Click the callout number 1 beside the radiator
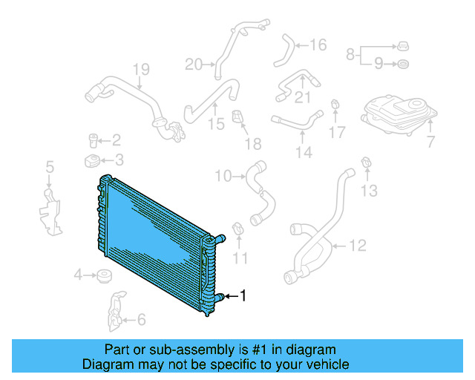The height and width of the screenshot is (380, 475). [242, 296]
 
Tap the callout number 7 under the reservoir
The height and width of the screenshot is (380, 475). [431, 140]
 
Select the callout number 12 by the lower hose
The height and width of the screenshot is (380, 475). [358, 244]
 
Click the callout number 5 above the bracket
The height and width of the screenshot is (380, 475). [50, 167]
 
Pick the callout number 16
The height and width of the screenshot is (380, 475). [318, 46]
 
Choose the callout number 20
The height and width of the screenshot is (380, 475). [193, 65]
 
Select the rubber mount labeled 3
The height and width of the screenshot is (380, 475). [92, 161]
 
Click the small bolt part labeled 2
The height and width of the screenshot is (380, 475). [94, 138]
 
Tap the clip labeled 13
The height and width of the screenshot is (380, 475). [366, 163]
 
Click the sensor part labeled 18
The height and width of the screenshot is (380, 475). [238, 118]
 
